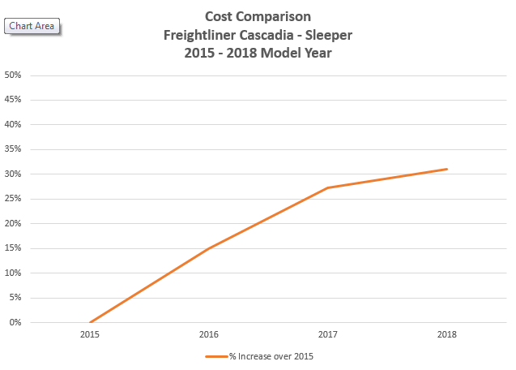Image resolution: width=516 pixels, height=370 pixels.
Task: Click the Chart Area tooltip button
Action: pos(32,27)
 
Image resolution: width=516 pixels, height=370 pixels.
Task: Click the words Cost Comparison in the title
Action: pos(258,16)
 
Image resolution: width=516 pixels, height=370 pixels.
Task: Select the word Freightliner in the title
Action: pos(199,35)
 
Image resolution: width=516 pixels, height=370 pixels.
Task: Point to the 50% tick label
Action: pos(13,75)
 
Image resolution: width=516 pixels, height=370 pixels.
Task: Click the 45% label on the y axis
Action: pos(13,100)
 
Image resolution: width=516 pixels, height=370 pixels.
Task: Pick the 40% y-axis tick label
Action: pos(13,125)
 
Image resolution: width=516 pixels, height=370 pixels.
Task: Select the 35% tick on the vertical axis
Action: pos(13,149)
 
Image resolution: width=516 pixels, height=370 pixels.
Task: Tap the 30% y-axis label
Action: pos(13,174)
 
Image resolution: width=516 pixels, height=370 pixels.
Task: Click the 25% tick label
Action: pos(13,199)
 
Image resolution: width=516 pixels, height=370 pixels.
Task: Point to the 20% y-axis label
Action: pos(13,224)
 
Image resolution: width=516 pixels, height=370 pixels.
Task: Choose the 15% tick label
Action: pos(13,248)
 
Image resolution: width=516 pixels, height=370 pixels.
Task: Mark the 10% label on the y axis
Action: pos(13,273)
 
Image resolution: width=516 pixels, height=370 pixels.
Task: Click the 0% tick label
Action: pos(15,322)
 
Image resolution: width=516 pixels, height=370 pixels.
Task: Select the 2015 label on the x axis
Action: pos(90,334)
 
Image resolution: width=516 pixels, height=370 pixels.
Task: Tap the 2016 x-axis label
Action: pos(209,334)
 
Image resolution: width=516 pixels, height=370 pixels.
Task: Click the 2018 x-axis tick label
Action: pos(446,334)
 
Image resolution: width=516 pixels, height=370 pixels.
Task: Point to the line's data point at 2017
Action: pos(327,188)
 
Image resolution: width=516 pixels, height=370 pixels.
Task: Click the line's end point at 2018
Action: pos(446,169)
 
